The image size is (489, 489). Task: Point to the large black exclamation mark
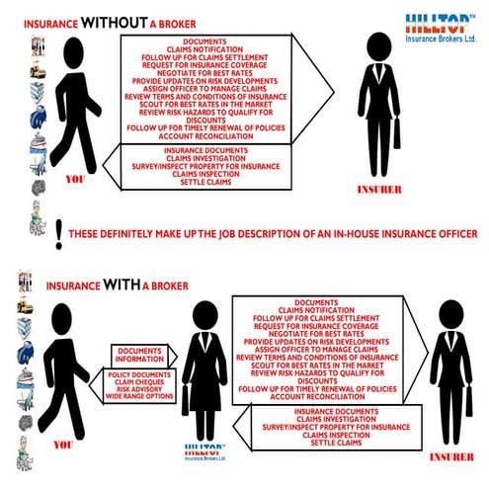[60, 232]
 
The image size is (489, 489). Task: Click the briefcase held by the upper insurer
[396, 131]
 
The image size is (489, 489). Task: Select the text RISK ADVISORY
[138, 391]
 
